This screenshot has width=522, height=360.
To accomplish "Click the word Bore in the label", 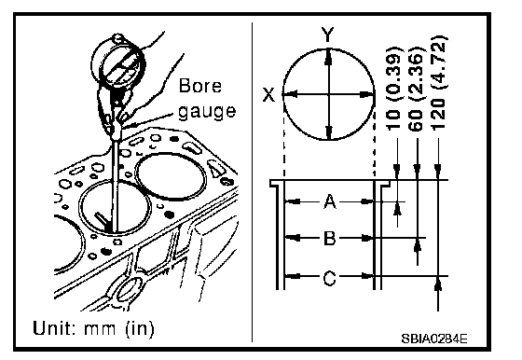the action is click(x=200, y=86).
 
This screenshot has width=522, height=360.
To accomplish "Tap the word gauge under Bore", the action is click(x=207, y=111).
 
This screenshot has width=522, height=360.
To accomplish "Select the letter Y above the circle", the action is click(x=327, y=35).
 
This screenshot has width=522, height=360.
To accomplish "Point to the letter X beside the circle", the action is click(x=269, y=94).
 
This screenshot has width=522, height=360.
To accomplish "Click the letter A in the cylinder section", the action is click(x=330, y=201).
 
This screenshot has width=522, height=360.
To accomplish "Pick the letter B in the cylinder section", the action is click(x=330, y=239).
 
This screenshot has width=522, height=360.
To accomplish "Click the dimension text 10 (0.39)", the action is click(x=394, y=89).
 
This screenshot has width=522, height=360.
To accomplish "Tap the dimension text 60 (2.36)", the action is click(x=417, y=89).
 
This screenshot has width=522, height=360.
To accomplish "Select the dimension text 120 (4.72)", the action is click(x=438, y=82).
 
